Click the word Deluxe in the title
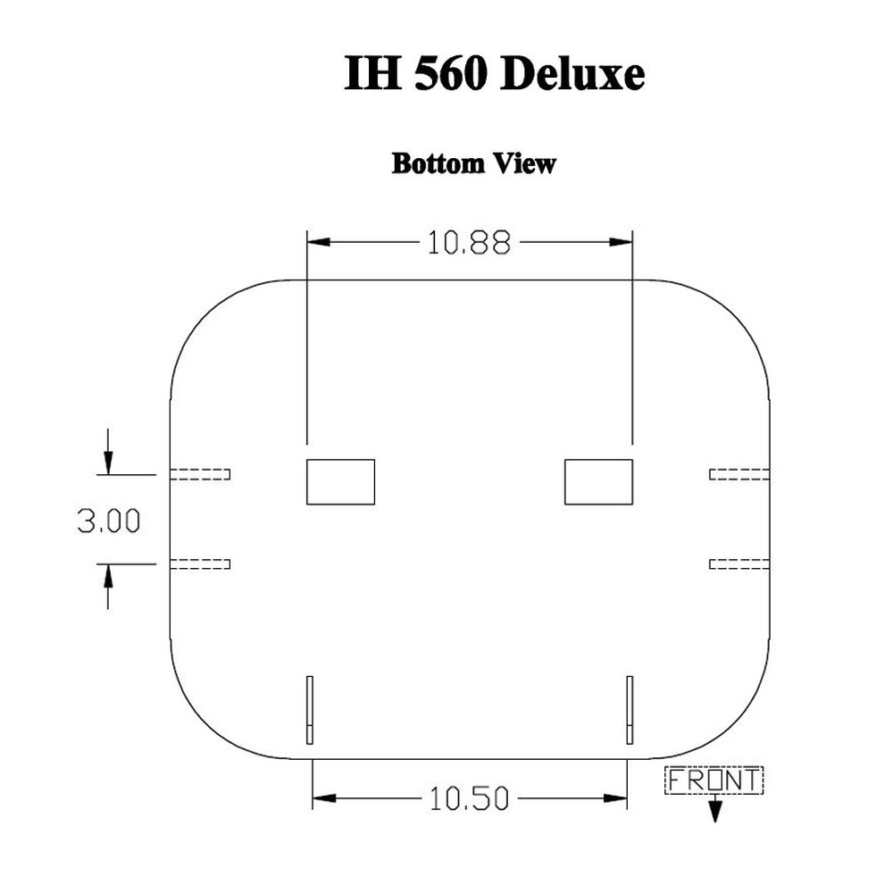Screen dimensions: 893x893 [x=572, y=73]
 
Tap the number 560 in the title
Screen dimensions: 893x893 [x=450, y=73]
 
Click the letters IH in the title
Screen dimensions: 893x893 [x=372, y=73]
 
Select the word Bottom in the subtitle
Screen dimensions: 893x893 [x=438, y=163]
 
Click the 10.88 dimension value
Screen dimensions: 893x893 [x=469, y=243]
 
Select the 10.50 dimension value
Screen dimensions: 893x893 [x=469, y=798]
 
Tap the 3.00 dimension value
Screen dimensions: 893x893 [x=109, y=521]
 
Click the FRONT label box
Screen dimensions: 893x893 [x=714, y=780]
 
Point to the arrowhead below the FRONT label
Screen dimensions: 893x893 [x=714, y=812]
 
